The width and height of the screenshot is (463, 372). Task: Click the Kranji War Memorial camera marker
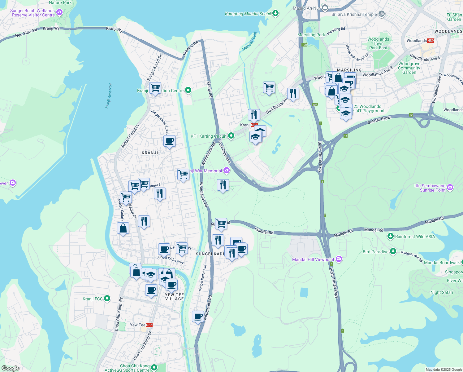(x=227, y=170)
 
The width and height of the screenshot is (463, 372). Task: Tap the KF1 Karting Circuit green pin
(x=231, y=136)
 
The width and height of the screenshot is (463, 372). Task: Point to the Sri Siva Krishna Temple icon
(x=382, y=14)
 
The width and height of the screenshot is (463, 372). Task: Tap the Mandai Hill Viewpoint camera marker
(x=339, y=259)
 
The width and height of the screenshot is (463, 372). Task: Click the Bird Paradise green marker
(x=393, y=251)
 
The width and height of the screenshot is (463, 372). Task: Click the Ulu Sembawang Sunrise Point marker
(x=450, y=187)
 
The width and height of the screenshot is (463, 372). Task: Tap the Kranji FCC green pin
(x=107, y=299)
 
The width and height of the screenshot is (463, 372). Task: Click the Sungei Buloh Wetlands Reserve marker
(x=59, y=12)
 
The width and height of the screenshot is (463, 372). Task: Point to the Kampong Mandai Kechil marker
(x=275, y=13)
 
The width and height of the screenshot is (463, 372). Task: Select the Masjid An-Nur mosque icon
(x=325, y=7)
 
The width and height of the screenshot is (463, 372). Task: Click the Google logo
(x=10, y=368)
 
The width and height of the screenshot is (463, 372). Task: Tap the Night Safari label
(x=442, y=292)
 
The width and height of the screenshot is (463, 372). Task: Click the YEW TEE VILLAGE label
(x=174, y=297)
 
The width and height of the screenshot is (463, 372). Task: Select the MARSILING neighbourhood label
(x=349, y=70)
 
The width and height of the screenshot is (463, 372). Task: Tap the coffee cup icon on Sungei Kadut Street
(x=169, y=141)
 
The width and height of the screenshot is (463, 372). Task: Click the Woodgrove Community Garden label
(x=409, y=68)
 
